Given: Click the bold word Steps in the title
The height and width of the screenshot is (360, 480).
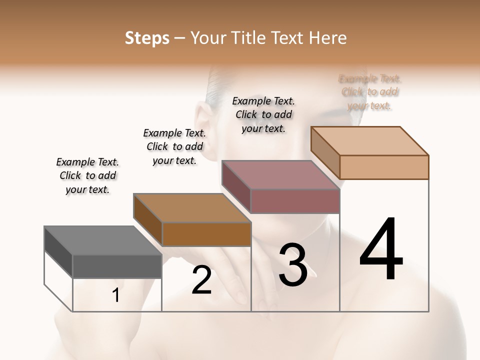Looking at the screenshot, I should click(x=146, y=38).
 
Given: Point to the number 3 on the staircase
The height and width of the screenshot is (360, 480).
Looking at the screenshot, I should click(x=292, y=265).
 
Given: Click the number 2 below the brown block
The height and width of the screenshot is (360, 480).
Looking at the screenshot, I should click(x=201, y=280).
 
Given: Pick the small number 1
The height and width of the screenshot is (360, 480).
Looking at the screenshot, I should click(x=116, y=295).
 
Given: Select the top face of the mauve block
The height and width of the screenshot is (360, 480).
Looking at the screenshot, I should click(x=280, y=175).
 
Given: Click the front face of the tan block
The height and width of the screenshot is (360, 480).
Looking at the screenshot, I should click(x=384, y=167).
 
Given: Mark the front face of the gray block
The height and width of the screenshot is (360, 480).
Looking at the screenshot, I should click(x=117, y=266).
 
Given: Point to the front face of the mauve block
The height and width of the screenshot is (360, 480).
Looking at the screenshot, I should click(x=295, y=201).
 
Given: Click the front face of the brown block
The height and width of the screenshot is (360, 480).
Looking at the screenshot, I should click(x=206, y=234).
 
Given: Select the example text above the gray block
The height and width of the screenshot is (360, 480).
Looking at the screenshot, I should click(x=87, y=175).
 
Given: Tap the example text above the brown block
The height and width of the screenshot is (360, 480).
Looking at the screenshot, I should click(x=174, y=146).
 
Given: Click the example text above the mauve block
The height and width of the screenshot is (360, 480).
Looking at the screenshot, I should click(x=263, y=114).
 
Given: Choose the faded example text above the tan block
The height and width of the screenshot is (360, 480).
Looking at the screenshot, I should click(x=369, y=92).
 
